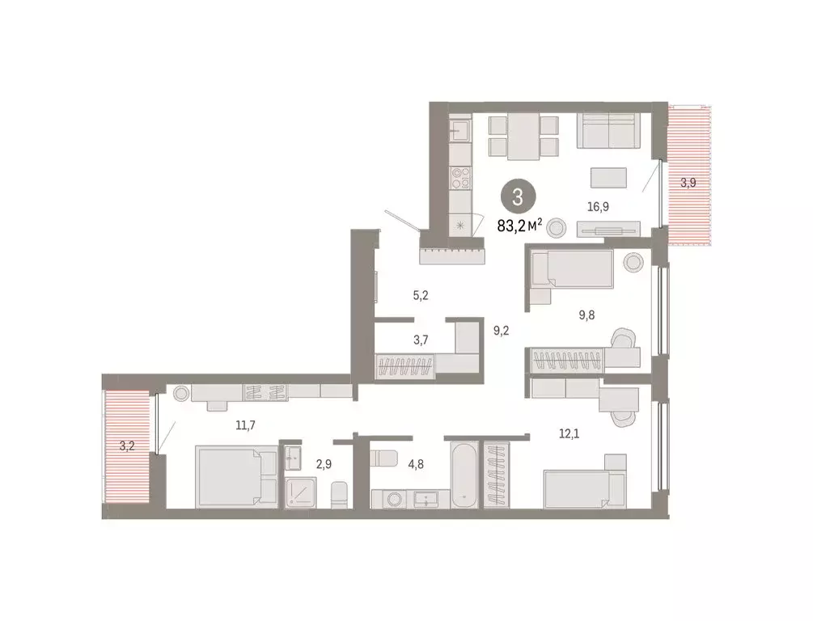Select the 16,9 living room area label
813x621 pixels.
[x=598, y=207]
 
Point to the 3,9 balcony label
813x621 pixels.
[x=688, y=183]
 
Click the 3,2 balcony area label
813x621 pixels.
[x=127, y=446]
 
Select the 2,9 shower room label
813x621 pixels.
[x=324, y=464]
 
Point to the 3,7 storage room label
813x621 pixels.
[x=421, y=340]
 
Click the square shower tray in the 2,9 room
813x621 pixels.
[x=301, y=491]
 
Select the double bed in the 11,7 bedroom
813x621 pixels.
[x=236, y=477]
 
